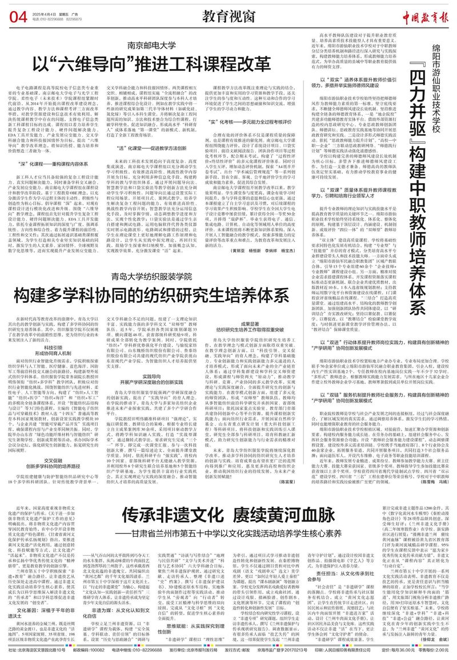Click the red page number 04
click(x=17, y=18)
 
